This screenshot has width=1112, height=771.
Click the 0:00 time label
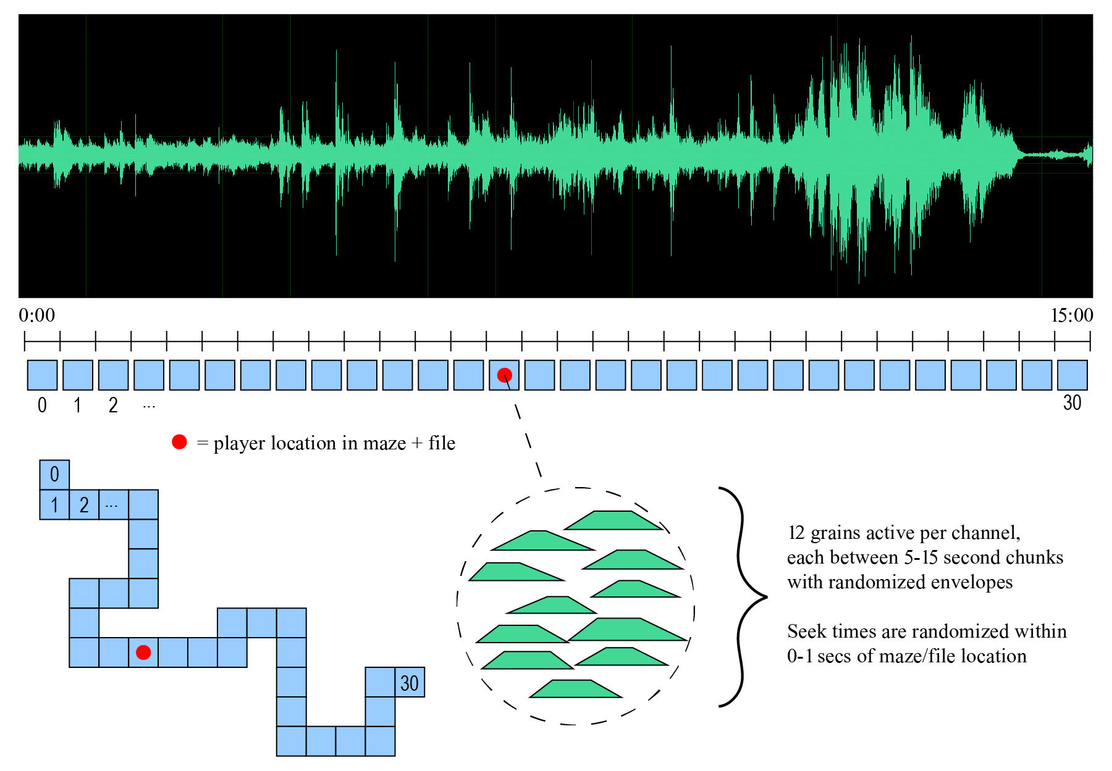pos(36,315)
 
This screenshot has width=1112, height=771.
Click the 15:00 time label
pos(1072,315)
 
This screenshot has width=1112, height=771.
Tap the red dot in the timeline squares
pos(505,375)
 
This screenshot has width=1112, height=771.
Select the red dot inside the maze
pos(143,652)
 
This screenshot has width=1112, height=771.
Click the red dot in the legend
pos(179,442)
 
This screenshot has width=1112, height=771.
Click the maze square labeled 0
pos(54,475)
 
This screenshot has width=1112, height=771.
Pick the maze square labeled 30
pos(410,682)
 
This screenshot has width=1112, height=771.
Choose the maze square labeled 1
pos(54,504)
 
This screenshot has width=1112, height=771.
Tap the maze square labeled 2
pos(84,504)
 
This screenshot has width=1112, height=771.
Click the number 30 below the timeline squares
pos(1072,403)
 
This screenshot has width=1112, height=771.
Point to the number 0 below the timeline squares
pos(42,406)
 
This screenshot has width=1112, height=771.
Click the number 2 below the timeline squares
pos(113,406)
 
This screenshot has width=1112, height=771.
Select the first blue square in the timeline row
pos(42,375)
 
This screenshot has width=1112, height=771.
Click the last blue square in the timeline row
pos(1072,375)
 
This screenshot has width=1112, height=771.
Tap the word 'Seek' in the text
pos(807,631)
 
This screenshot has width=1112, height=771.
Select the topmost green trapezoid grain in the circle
pos(613,520)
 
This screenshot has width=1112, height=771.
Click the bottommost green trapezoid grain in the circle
pos(576,689)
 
